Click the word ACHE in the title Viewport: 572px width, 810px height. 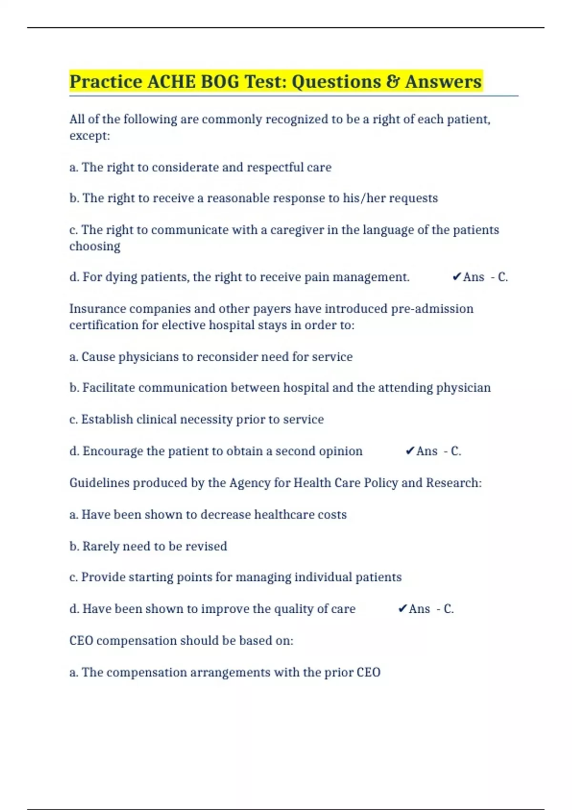click(x=171, y=81)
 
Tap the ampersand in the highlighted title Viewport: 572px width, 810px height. click(x=393, y=81)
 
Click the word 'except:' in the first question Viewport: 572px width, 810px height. click(x=90, y=136)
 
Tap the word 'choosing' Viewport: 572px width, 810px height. click(x=95, y=246)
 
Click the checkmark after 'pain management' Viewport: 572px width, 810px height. click(x=457, y=277)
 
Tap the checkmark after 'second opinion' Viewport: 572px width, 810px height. click(x=410, y=451)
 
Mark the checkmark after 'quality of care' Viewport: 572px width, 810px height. click(x=402, y=608)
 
